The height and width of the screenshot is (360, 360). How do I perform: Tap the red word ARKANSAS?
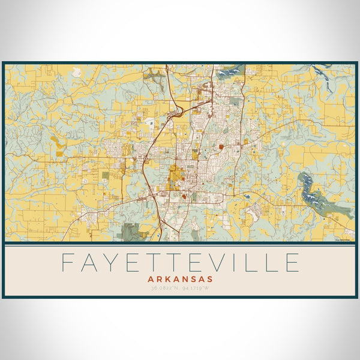point(180,279)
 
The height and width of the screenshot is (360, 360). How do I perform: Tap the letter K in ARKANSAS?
point(168,279)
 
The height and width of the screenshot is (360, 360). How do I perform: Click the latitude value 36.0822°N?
point(164,289)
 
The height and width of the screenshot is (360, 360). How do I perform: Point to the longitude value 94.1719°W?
point(196,289)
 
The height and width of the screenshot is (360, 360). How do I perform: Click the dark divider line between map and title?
point(180,244)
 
